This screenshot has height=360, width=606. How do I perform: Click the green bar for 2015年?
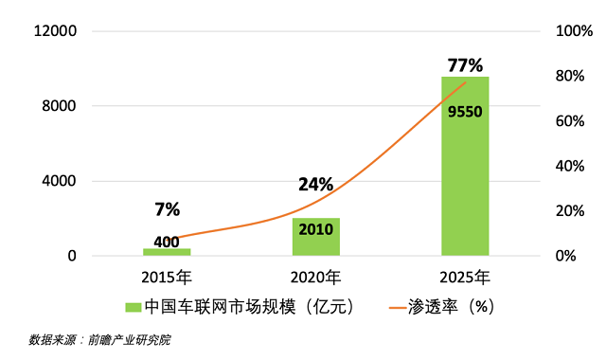click(x=167, y=252)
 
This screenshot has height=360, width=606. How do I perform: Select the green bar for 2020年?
click(x=315, y=237)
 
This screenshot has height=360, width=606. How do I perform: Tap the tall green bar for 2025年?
click(x=465, y=166)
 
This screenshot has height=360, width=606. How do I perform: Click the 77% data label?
click(x=465, y=65)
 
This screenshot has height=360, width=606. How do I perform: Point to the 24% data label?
click(x=315, y=184)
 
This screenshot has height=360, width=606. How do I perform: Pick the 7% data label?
click(x=167, y=209)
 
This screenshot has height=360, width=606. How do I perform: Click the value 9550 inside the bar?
click(x=465, y=112)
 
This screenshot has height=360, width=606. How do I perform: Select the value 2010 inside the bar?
click(x=315, y=229)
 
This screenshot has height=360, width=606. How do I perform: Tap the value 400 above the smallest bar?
click(x=167, y=243)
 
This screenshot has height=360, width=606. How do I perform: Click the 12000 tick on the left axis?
click(x=55, y=30)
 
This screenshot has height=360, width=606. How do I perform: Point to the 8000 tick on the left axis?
click(x=59, y=105)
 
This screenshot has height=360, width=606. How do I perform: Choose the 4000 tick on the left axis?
click(x=59, y=181)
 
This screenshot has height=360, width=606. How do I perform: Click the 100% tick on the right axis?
click(x=574, y=30)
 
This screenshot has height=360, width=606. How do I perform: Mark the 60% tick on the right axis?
click(x=570, y=121)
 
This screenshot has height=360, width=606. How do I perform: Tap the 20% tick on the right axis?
click(x=570, y=210)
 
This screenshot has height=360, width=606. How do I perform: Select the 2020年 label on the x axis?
click(x=315, y=278)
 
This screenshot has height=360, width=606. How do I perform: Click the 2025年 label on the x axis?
click(x=465, y=278)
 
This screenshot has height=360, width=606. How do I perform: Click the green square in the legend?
click(x=133, y=307)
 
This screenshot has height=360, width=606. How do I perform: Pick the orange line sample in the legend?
click(x=398, y=308)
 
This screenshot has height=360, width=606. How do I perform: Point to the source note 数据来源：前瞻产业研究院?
click(x=99, y=340)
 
